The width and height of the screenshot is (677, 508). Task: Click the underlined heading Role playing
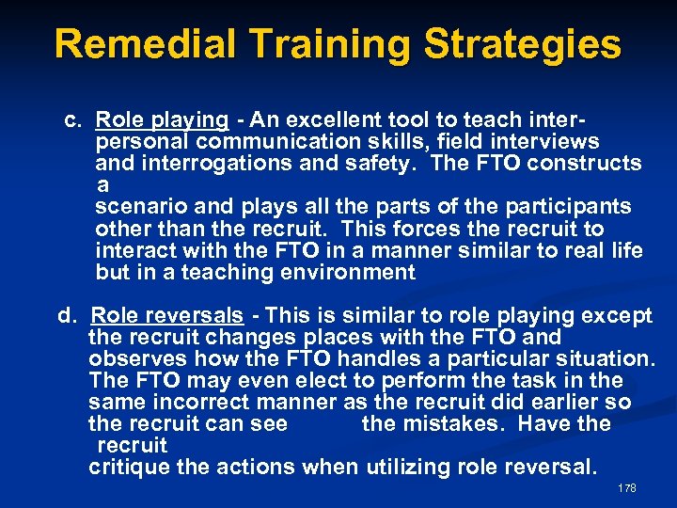[x=163, y=120]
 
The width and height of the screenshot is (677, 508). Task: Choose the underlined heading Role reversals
[x=167, y=316]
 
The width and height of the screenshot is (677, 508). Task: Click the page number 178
[x=627, y=488]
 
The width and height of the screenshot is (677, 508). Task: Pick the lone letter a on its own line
[x=102, y=186]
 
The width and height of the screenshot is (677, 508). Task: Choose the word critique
[x=127, y=467]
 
